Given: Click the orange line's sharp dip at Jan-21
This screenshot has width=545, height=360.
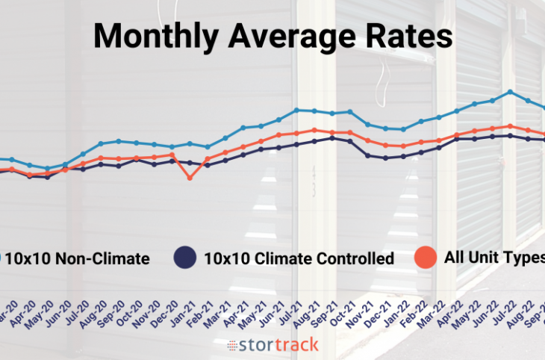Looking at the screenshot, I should click(x=190, y=178).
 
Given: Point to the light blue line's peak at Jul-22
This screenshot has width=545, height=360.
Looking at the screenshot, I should click(x=510, y=92).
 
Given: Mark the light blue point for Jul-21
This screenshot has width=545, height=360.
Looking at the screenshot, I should click(x=296, y=110).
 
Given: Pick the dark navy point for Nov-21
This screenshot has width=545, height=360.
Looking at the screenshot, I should click(x=367, y=155).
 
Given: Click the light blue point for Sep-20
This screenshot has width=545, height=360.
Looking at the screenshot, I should click(x=119, y=140).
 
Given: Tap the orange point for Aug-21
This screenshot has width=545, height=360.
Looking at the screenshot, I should click(x=314, y=130).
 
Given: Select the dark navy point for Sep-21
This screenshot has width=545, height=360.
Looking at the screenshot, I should click(x=332, y=137).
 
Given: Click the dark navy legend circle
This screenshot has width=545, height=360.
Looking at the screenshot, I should click(x=184, y=258).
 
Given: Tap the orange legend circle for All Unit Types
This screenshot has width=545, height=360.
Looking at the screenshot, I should click(x=426, y=258).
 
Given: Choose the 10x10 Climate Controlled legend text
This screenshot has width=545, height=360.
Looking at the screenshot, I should click(x=299, y=259).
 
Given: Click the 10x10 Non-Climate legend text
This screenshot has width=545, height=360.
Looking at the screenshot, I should click(x=82, y=259).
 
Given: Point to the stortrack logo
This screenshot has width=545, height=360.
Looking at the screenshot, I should click(x=272, y=345).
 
